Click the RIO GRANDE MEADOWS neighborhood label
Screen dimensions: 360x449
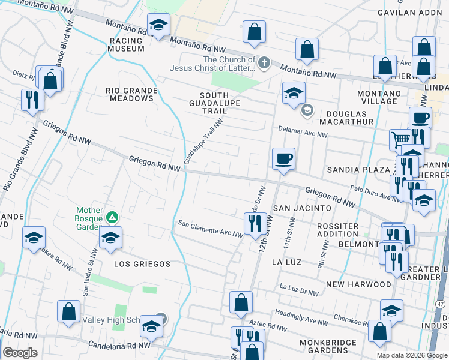pos(131,94)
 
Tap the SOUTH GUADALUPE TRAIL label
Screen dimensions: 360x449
pos(214,103)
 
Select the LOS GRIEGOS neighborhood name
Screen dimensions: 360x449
pos(142,264)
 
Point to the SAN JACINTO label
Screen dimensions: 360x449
pos(302,208)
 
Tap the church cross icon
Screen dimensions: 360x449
pos(263,62)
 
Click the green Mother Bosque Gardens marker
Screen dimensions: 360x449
pos(111,217)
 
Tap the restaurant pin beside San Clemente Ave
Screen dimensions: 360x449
pos(255,223)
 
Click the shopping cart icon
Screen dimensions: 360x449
pos(399,140)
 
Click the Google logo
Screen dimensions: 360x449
pos(20,353)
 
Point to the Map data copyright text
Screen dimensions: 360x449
pos(411,355)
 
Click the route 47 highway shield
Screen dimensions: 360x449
pos(441,305)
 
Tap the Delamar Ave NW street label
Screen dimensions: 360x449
pos(302,132)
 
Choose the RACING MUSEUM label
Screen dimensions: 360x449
pos(127,44)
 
